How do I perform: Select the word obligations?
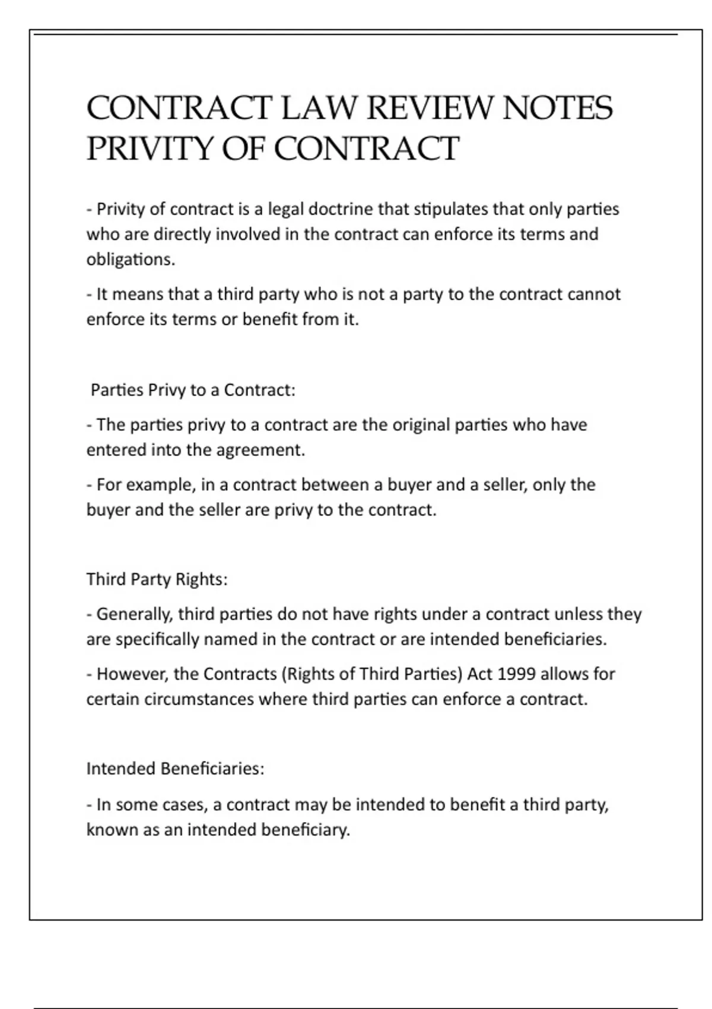pos(131,260)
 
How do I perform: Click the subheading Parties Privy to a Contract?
pos(193,391)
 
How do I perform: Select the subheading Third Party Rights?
pos(157,579)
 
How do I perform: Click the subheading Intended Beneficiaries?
pos(175,769)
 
